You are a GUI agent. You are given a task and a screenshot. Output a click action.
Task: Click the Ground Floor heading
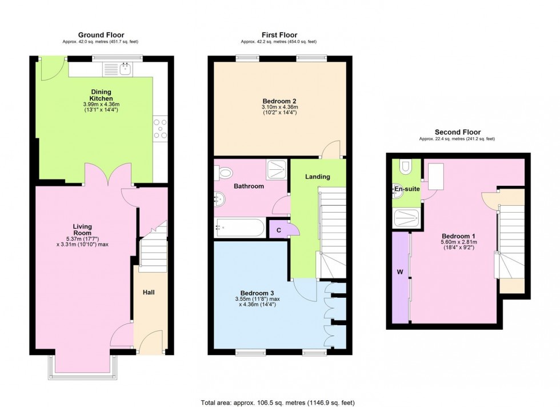click(101, 35)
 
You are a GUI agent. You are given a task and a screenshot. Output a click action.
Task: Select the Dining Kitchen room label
click(101, 95)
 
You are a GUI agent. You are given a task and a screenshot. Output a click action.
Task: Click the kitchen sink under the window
click(118, 69)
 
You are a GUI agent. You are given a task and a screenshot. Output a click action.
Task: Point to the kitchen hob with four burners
click(161, 129)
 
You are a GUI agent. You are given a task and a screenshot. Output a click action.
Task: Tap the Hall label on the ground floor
click(149, 292)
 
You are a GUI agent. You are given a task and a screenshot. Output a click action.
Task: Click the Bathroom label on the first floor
click(249, 186)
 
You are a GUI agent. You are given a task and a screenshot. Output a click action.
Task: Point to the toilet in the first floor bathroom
click(224, 171)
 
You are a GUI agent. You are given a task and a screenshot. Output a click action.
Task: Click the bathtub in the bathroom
click(239, 229)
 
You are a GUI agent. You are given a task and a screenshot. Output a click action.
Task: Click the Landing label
click(317, 177)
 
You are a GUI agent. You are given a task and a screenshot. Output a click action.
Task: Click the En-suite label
click(406, 189)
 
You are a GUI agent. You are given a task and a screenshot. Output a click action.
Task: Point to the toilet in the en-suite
click(406, 166)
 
